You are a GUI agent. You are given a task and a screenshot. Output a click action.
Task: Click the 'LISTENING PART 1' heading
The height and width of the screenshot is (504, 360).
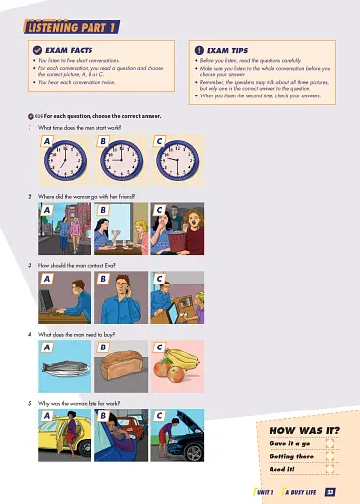point(71,11)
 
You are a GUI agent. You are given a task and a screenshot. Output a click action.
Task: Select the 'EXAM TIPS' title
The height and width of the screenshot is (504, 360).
point(231,47)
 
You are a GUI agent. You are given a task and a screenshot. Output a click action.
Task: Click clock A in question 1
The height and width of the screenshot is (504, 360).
point(65,157)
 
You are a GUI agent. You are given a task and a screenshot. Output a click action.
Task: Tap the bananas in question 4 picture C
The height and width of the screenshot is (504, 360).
point(182,355)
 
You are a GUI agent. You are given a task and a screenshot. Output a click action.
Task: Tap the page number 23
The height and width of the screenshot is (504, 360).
point(330,492)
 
